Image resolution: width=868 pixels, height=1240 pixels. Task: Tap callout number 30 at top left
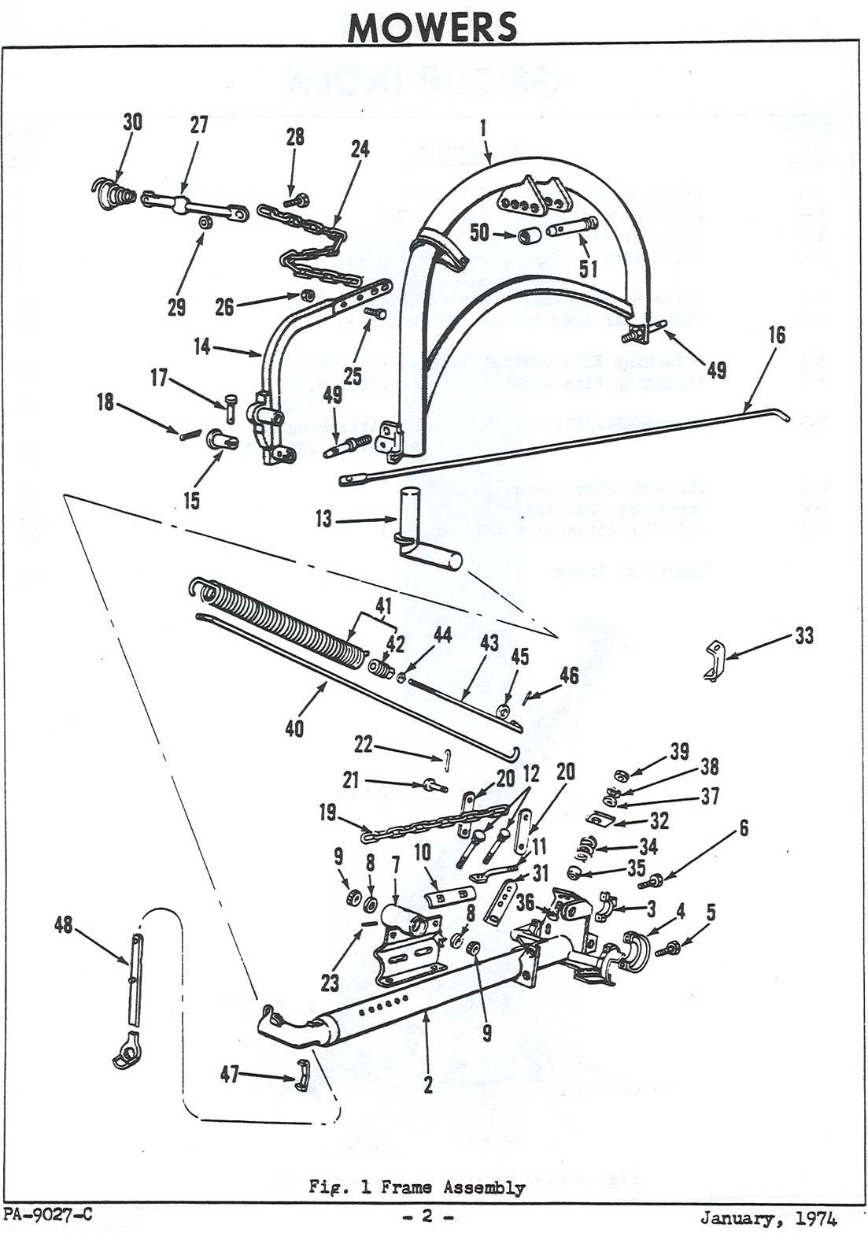pos(134,122)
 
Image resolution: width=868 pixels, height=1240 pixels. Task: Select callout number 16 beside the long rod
pos(776,335)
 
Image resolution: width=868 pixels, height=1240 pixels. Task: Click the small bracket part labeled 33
pos(712,660)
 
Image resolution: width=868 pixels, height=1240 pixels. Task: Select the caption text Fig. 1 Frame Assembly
pos(417,1187)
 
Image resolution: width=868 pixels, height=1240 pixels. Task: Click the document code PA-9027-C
pos(47,1215)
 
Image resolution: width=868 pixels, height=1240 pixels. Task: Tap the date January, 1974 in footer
pos(769,1219)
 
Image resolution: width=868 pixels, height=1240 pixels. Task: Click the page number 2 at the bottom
pos(427,1217)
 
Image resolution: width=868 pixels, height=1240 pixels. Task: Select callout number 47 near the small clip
pos(230,1074)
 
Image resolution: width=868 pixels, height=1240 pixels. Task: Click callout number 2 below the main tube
pos(427,1085)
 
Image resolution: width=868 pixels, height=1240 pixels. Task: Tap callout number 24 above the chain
pos(360,149)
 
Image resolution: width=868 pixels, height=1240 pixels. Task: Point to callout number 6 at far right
pos(743,827)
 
